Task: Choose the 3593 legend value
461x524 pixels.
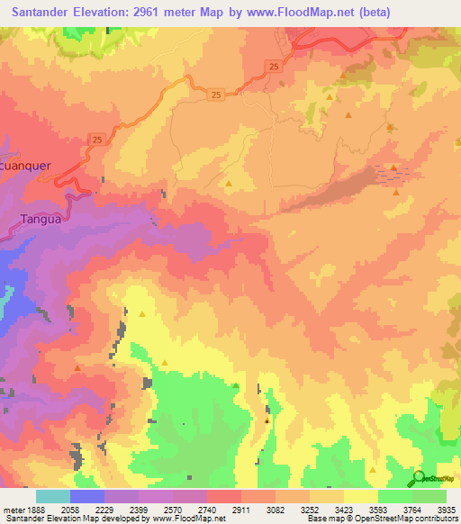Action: [x=394, y=510]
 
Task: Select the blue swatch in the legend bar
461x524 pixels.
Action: [x=86, y=496]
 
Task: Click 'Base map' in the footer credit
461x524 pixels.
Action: [x=323, y=519]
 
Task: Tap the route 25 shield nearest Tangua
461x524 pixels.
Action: [x=97, y=138]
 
